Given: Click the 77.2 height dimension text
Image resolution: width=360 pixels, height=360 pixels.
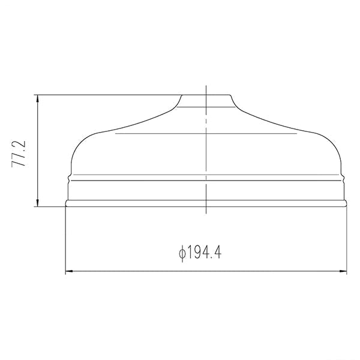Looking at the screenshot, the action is tap(19, 154).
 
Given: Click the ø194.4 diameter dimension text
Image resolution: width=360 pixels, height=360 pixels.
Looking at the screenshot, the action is tap(200, 253).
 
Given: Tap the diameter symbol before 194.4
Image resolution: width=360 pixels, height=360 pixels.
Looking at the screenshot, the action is tap(182, 253).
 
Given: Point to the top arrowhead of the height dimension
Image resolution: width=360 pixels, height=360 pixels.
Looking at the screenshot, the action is tap(38, 99).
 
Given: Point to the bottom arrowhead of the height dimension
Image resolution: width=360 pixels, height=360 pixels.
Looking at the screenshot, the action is tap(38, 203).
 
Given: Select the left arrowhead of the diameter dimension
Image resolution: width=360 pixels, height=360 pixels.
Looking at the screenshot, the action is tap(70, 271).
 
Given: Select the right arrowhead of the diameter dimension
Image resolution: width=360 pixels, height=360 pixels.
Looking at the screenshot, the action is tap(343, 271).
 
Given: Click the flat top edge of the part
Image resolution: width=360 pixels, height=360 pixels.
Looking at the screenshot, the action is tap(206, 95).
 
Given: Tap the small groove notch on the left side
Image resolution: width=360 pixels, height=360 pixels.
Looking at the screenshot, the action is tap(69, 178).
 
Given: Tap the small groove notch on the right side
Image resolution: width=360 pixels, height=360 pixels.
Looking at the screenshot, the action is tap(343, 178).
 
